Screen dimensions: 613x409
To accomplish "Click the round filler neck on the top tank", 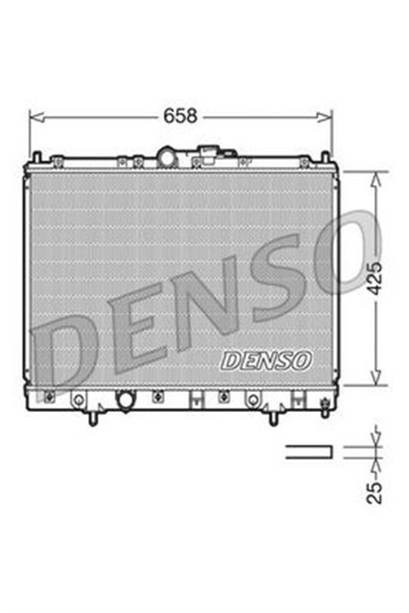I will [170, 156].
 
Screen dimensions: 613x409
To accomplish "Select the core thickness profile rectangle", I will [308, 449].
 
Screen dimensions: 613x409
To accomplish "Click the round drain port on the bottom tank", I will [124, 399].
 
